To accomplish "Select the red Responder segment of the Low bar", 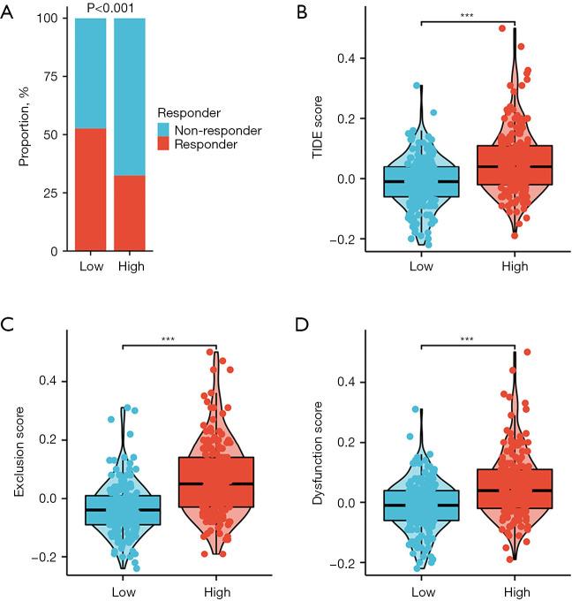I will click(x=91, y=189).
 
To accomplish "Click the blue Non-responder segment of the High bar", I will click(x=131, y=96).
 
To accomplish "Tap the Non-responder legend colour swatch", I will click(x=165, y=131).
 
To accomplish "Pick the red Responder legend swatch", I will click(x=165, y=145).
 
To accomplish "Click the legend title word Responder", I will click(x=188, y=113).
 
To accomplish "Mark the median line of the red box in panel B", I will click(x=514, y=166).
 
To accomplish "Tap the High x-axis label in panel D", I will click(x=514, y=588).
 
